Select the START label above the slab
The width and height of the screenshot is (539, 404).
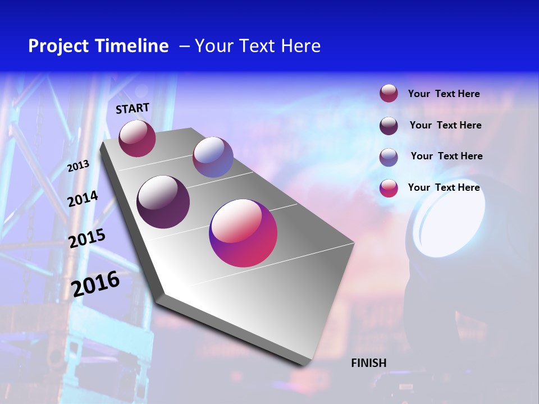(x=133, y=108)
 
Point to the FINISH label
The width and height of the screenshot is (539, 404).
(x=369, y=363)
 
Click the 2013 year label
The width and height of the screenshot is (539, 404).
(x=79, y=166)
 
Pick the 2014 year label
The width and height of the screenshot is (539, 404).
(x=83, y=199)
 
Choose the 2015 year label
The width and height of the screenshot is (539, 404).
(x=87, y=238)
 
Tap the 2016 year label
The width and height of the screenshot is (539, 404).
(x=96, y=283)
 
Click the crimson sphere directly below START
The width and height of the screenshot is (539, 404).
(x=137, y=139)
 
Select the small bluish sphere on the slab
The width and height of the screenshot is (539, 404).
(x=213, y=157)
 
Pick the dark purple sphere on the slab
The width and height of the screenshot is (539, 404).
(x=163, y=202)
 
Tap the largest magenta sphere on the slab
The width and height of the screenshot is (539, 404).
(x=243, y=233)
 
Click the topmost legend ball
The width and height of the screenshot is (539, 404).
(x=389, y=94)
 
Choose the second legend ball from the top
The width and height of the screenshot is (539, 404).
(x=389, y=126)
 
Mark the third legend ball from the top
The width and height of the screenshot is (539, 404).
(x=389, y=157)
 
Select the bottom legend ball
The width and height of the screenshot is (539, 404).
(x=389, y=188)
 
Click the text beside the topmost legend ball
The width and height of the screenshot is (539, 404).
(x=444, y=94)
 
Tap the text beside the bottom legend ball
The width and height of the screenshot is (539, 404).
(x=444, y=187)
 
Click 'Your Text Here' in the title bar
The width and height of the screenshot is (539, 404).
(x=258, y=46)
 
